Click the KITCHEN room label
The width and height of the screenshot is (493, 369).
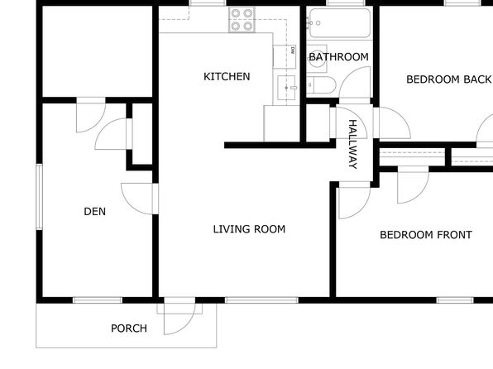tap(227, 76)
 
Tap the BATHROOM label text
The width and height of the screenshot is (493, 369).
tap(339, 57)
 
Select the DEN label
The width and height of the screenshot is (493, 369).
tap(94, 212)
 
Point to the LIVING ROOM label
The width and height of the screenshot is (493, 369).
tap(249, 229)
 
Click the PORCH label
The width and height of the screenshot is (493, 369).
tap(129, 328)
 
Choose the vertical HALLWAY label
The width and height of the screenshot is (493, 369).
tap(353, 145)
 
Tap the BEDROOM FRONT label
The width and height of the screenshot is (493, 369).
tap(426, 235)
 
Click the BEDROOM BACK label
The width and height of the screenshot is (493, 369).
tap(448, 79)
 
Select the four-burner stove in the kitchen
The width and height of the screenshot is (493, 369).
tap(242, 20)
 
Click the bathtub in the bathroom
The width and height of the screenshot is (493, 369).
tap(340, 23)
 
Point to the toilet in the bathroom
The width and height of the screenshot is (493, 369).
tap(321, 84)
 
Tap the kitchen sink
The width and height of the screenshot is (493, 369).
tap(286, 88)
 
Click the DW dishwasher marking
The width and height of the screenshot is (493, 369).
tap(293, 50)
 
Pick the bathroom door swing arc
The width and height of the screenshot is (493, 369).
tap(355, 82)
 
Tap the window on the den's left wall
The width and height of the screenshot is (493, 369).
tap(39, 197)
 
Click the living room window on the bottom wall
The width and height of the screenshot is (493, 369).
tap(261, 300)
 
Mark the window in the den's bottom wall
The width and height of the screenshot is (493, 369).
tap(98, 300)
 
